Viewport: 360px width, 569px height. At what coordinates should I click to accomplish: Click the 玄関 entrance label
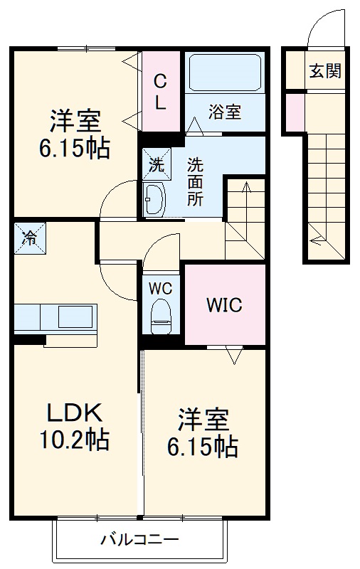324,71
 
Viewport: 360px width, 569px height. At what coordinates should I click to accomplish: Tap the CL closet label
161,92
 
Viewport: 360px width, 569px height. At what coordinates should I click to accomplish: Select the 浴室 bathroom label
225,112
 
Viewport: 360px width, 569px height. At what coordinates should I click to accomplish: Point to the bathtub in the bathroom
225,72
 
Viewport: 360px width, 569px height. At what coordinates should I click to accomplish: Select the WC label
160,289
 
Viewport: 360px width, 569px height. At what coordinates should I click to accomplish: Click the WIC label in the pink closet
224,307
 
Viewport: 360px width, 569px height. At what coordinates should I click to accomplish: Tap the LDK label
75,413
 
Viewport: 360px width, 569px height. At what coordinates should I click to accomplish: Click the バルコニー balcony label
139,538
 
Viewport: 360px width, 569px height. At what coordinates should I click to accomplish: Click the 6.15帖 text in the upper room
74,149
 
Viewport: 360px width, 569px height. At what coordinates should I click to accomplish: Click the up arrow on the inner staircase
245,188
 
